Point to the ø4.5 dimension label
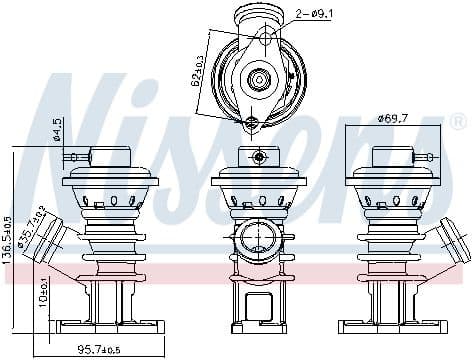coord(58,131)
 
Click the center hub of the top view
coord(258,78)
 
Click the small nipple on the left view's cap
coord(72,156)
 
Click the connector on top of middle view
coord(258,156)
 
